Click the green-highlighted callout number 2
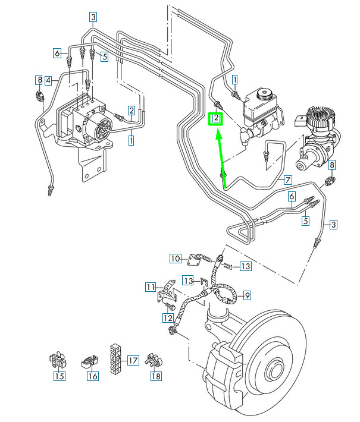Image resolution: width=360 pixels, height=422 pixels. tap(217, 118)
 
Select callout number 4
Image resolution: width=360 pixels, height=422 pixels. tap(48, 79)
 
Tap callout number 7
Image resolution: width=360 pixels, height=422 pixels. tap(287, 179)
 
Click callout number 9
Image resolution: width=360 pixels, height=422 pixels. tap(248, 294)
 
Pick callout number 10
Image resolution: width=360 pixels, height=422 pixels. tap(175, 258)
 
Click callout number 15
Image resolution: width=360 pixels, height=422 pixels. tap(59, 376)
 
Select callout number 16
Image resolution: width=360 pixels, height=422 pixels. tap(93, 376)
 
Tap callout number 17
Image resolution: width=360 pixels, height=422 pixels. tap(133, 360)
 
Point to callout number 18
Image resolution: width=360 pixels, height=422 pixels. tap(156, 376)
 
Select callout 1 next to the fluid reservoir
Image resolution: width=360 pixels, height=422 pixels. tap(235, 79)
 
